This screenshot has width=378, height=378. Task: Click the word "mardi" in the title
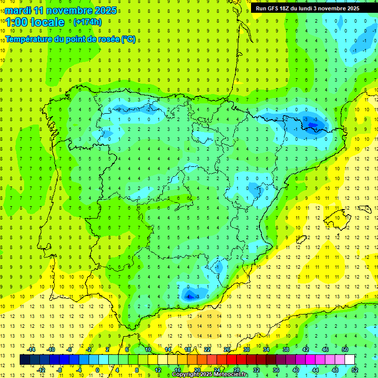[x=18, y=10]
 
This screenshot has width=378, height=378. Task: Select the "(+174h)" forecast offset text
[x=88, y=22]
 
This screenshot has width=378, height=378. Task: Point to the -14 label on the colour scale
[x=31, y=349]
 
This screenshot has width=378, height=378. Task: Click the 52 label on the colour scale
[x=355, y=370]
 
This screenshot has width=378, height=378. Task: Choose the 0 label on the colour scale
[x=97, y=370]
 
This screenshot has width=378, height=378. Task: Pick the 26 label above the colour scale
[x=227, y=349]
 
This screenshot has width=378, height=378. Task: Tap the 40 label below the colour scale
[x=295, y=370]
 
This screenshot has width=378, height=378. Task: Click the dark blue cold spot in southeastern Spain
[x=189, y=295]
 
